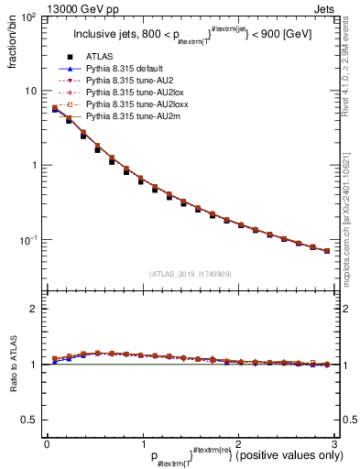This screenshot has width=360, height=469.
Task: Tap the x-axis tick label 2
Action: pyautogui.click(x=237, y=443)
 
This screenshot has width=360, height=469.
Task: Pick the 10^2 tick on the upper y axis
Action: pyautogui.click(x=31, y=18)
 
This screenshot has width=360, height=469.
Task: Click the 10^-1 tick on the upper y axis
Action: pyautogui.click(x=31, y=240)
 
